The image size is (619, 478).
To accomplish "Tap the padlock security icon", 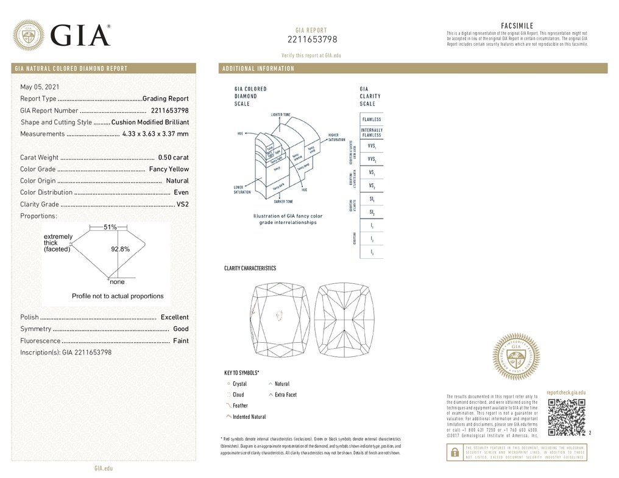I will tap(454, 452).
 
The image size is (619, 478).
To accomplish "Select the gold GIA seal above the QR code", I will tap(516, 357).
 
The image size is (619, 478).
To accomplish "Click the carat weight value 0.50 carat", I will tap(173, 158).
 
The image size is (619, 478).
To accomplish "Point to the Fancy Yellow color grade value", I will tap(169, 169).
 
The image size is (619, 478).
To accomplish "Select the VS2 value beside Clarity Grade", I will tap(182, 205).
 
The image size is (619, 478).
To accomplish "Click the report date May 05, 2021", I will tap(40, 87).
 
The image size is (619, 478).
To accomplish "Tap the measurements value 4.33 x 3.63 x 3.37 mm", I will tap(155, 134).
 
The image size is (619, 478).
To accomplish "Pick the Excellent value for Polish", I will tap(174, 317).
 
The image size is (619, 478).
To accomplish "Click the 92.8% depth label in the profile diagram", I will tap(120, 249).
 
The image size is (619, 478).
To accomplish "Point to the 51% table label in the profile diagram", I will tap(110, 227).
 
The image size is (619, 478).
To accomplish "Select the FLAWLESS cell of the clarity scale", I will tap(372, 119).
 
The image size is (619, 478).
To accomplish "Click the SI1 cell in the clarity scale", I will tap(372, 199).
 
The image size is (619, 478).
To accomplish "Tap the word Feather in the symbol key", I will tap(240, 406).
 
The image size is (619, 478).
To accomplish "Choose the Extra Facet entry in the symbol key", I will tap(285, 395).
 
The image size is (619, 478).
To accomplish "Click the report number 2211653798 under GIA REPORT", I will tap(312, 40).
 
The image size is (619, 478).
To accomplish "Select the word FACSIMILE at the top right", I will tap(517, 26).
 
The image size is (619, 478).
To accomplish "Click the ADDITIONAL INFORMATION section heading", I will tap(258, 68).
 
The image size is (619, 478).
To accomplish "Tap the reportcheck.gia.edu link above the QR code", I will tap(566, 393).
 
